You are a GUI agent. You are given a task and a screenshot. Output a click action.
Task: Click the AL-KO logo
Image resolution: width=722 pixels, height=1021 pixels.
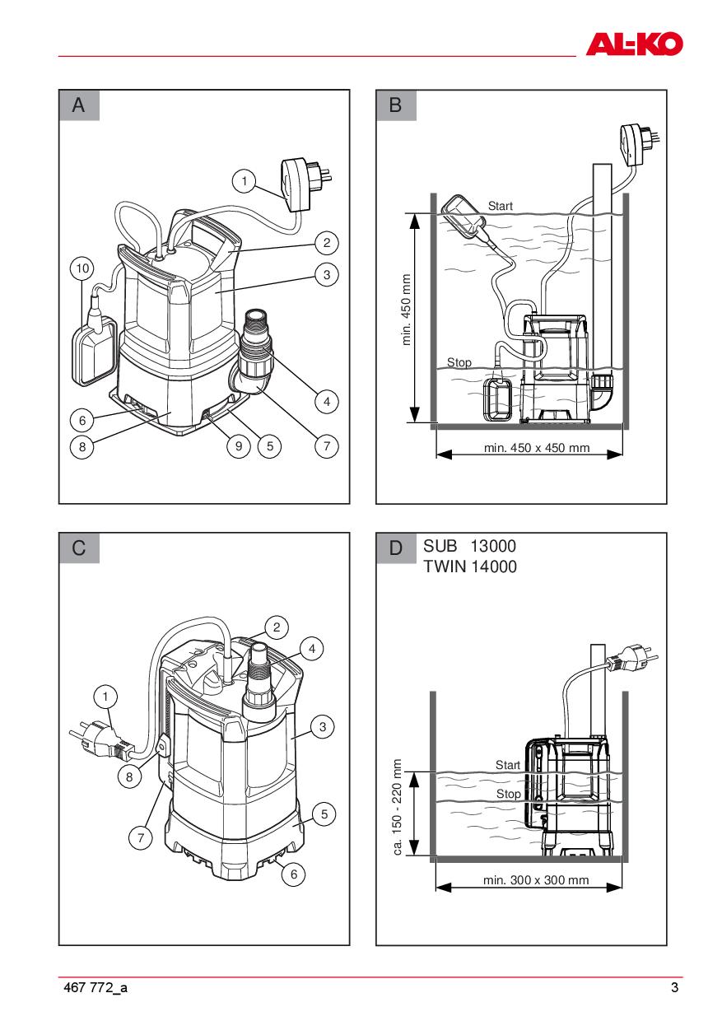634,44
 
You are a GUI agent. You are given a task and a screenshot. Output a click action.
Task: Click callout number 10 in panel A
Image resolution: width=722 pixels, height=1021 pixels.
82,268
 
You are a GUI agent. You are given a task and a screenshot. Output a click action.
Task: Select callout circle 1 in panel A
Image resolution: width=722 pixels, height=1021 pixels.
243,179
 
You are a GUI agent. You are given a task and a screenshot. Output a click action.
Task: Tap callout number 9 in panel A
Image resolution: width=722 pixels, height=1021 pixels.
238,446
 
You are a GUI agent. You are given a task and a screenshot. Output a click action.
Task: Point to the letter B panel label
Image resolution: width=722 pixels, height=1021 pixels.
396,105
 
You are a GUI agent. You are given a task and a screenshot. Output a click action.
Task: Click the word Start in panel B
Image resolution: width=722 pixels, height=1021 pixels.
501,205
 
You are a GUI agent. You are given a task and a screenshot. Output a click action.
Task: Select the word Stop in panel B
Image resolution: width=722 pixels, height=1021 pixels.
459,362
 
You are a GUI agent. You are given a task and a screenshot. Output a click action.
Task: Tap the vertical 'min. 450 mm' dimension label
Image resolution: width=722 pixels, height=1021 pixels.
407,310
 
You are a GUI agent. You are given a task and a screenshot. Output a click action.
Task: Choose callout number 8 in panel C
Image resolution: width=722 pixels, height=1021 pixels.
128,775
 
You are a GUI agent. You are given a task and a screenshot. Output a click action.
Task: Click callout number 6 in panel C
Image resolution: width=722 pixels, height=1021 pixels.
294,874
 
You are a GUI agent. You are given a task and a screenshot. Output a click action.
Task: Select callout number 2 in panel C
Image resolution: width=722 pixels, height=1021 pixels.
276,627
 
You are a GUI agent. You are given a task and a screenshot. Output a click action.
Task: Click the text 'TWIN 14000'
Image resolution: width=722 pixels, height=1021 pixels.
470,566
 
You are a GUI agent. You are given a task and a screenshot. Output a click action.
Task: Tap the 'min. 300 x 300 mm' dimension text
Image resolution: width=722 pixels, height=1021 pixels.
536,879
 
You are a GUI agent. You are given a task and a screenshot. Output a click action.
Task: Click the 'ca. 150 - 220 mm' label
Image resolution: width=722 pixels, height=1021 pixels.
398,807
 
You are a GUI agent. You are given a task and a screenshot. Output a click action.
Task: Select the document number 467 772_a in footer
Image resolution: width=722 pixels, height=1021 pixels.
95,988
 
